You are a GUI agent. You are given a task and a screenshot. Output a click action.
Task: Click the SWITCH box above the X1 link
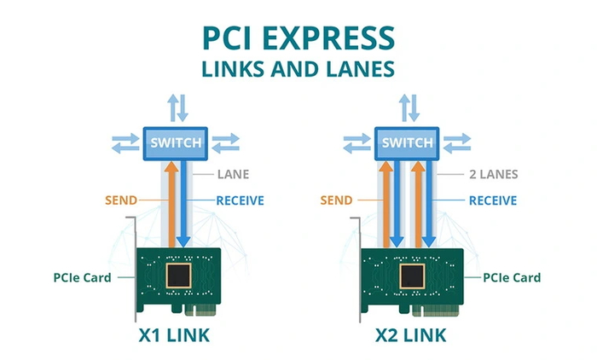tap(177, 141)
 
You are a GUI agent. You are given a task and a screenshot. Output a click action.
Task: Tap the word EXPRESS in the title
tap(334, 39)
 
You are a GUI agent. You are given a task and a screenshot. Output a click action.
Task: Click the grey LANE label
tap(233, 175)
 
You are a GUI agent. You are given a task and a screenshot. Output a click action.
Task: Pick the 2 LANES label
tap(493, 175)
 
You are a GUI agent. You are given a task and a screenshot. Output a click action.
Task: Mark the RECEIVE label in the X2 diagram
tap(492, 200)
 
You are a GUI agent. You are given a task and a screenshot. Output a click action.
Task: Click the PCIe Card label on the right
tap(512, 277)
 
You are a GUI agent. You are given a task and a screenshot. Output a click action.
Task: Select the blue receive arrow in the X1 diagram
tap(184, 205)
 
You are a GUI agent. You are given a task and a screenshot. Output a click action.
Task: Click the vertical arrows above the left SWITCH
tap(177, 107)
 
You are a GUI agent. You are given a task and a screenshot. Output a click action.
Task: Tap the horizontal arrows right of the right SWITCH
tap(457, 141)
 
